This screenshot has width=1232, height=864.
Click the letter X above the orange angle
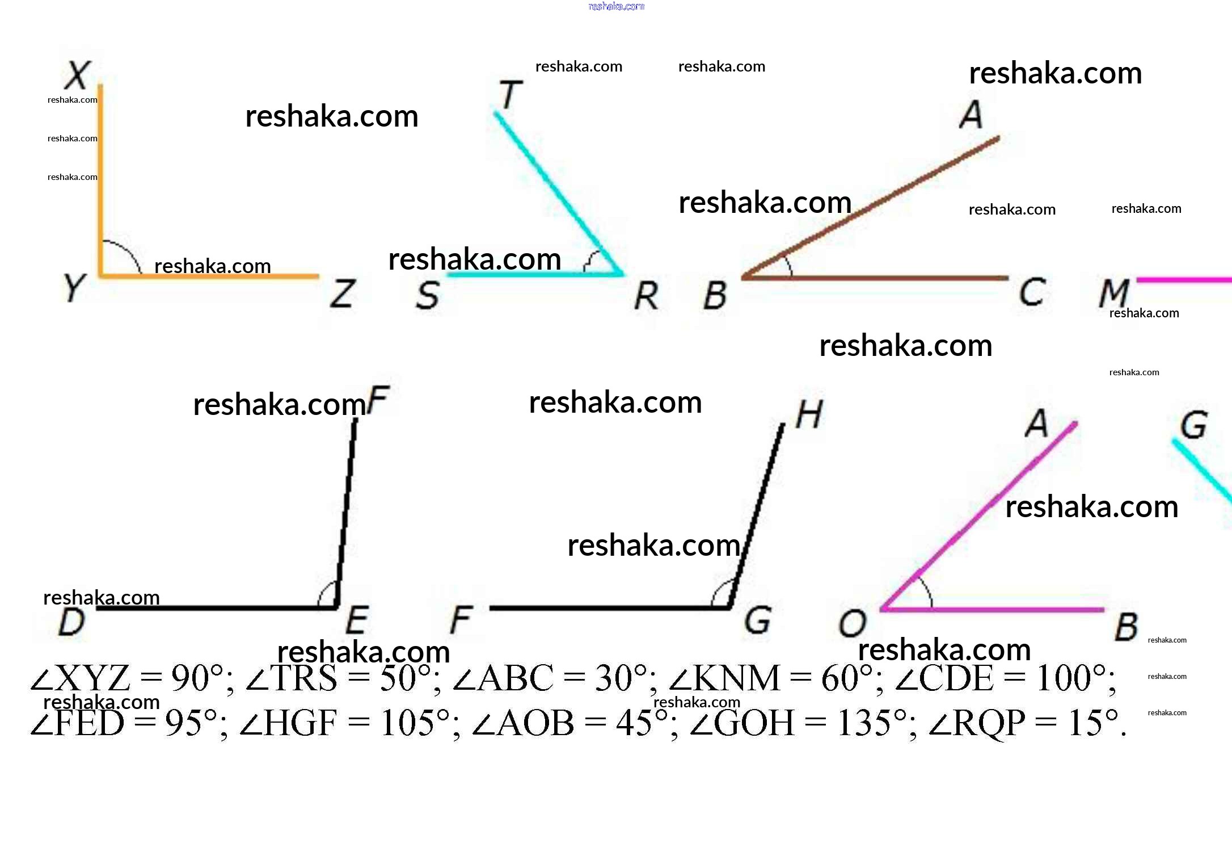click(x=78, y=75)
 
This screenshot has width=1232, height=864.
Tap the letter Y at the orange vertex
click(x=74, y=288)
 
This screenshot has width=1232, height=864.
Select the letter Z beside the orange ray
click(x=343, y=293)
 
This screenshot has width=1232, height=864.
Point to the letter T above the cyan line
click(x=510, y=94)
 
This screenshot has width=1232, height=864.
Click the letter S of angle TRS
click(x=428, y=295)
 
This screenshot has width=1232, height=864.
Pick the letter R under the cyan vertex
click(x=647, y=296)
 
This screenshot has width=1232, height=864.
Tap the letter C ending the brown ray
click(x=1032, y=292)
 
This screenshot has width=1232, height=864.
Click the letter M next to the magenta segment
click(x=1113, y=293)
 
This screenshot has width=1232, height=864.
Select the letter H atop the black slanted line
click(x=809, y=414)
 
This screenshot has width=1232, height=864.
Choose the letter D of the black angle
click(x=72, y=622)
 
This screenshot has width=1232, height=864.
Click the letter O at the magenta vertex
click(x=853, y=623)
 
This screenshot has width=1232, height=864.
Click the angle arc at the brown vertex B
click(x=787, y=264)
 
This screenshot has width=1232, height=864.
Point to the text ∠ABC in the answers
click(x=503, y=678)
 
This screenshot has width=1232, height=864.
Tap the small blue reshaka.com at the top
click(x=617, y=6)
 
